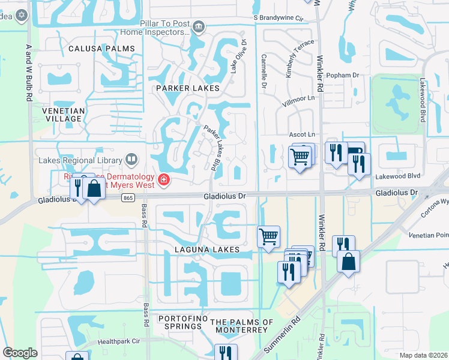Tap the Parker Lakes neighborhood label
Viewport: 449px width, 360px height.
pyautogui.click(x=187, y=88)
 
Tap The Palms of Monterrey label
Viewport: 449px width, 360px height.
pyautogui.click(x=238, y=326)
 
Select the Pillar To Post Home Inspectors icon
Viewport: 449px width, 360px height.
pyautogui.click(x=200, y=26)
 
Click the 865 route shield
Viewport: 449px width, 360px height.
pyautogui.click(x=127, y=197)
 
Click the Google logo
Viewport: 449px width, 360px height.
pyautogui.click(x=20, y=353)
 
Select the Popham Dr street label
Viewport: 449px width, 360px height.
pyautogui.click(x=343, y=76)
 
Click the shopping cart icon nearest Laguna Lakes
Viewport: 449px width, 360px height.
pyautogui.click(x=268, y=235)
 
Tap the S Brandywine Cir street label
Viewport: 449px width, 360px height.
pyautogui.click(x=279, y=18)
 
